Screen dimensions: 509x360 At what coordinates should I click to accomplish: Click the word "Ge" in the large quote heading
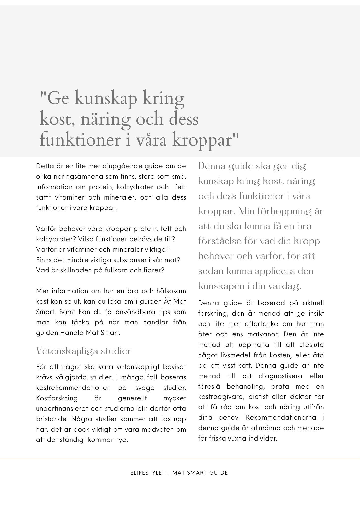[58, 98]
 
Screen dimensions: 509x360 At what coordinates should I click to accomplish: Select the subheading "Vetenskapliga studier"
[84, 351]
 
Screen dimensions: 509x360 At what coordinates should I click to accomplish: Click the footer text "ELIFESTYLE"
[146, 473]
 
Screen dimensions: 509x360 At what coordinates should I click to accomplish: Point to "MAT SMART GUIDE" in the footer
[200, 473]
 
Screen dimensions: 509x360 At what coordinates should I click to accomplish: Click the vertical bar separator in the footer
[167, 473]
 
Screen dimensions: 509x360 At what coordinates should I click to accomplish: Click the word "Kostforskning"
[57, 398]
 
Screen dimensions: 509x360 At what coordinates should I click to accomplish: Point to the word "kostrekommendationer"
[73, 388]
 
